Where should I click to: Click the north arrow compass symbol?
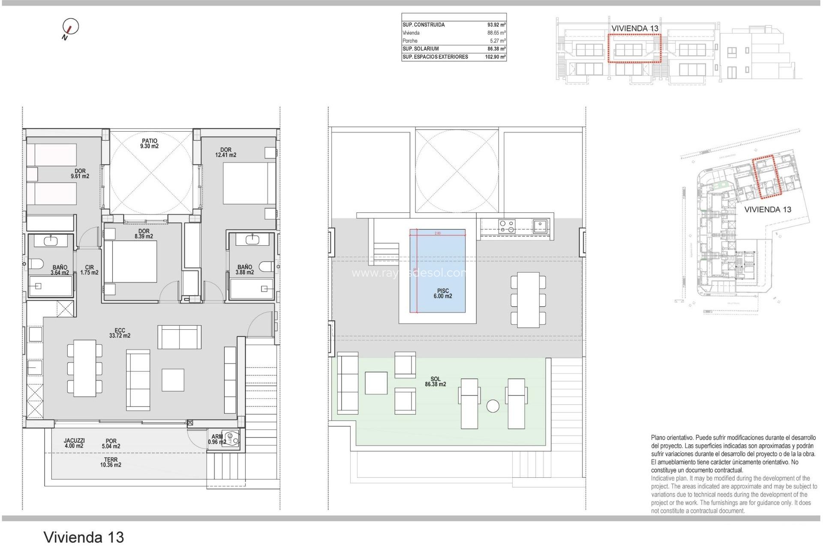(x=70, y=27)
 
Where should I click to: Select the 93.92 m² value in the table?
(x=496, y=25)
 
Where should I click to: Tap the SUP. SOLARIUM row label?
(x=421, y=49)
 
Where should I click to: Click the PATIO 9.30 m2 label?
(x=149, y=143)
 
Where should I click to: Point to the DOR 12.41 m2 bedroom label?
(x=225, y=152)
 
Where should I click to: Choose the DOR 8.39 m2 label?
(x=144, y=234)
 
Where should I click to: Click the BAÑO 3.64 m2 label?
(x=60, y=270)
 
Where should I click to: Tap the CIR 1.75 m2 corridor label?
(x=89, y=270)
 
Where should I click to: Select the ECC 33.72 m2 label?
(x=120, y=333)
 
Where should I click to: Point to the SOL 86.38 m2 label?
(x=435, y=381)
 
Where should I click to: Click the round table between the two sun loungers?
(x=493, y=406)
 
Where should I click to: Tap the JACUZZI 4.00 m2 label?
(x=74, y=443)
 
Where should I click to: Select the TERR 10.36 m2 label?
(x=111, y=462)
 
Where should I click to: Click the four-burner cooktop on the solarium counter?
(x=507, y=226)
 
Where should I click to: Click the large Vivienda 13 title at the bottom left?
(x=84, y=537)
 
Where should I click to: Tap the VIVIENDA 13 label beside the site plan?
(x=767, y=210)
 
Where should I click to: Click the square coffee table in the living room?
(x=173, y=380)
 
